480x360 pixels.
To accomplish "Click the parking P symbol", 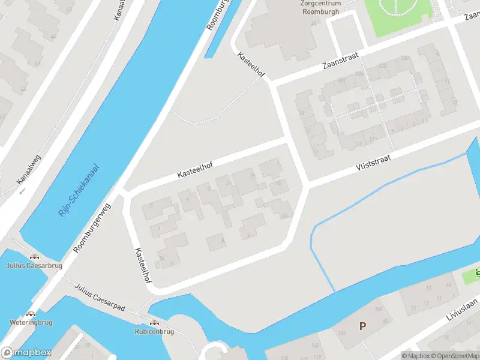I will [x=362, y=326].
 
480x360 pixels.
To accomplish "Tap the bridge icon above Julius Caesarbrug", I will [x=34, y=257].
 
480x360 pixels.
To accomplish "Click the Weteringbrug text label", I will [x=31, y=322].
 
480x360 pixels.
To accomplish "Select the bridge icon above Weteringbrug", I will [x=31, y=313].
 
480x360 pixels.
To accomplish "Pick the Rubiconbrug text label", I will [x=154, y=331].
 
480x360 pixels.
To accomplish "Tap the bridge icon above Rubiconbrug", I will [x=154, y=323].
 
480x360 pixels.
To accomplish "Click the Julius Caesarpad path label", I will [x=100, y=297].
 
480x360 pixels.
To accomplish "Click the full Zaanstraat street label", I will [x=340, y=58].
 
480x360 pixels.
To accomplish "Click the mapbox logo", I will [x=26, y=353].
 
